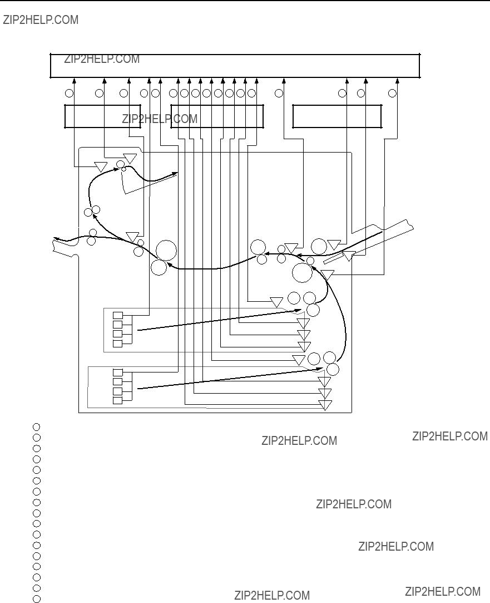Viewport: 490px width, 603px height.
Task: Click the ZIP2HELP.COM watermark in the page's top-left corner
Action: pyautogui.click(x=41, y=19)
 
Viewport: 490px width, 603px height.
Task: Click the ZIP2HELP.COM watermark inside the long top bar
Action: pyautogui.click(x=102, y=59)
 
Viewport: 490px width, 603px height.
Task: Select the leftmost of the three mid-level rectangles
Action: pyautogui.click(x=102, y=116)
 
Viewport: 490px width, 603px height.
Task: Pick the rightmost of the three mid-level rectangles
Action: pyautogui.click(x=337, y=116)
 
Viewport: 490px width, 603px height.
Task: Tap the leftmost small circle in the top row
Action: pyautogui.click(x=69, y=93)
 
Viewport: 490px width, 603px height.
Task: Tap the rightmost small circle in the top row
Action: pyautogui.click(x=392, y=93)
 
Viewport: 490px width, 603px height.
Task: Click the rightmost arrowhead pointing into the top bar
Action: pyautogui.click(x=398, y=80)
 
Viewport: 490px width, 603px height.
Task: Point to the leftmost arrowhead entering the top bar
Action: pyautogui.click(x=75, y=80)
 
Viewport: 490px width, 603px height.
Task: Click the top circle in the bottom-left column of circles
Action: pyautogui.click(x=37, y=427)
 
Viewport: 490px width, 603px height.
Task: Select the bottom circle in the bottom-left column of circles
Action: pyautogui.click(x=37, y=599)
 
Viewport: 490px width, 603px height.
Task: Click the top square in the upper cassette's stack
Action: pyautogui.click(x=117, y=315)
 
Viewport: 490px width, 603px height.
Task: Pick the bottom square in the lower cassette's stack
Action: pyautogui.click(x=117, y=400)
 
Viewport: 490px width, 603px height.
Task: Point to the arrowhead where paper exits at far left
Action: pyautogui.click(x=56, y=239)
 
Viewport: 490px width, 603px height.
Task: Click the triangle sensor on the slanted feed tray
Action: pyautogui.click(x=349, y=256)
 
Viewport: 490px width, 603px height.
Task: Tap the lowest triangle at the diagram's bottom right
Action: pyautogui.click(x=325, y=405)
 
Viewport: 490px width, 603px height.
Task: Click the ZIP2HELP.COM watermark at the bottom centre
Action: pyautogui.click(x=273, y=595)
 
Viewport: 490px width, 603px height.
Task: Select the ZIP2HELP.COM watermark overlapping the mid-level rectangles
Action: pyautogui.click(x=160, y=119)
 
